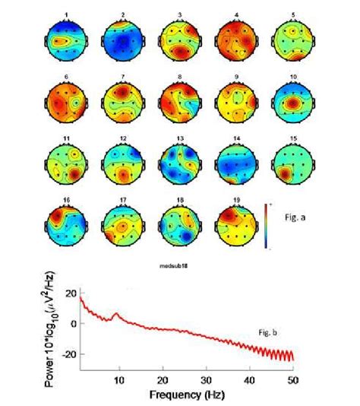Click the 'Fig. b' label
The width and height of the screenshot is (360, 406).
(268, 331)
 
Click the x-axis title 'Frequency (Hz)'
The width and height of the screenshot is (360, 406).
(187, 395)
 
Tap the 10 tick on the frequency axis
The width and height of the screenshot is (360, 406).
(118, 379)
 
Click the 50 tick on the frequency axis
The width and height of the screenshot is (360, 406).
(291, 379)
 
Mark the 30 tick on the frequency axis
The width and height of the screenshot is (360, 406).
(205, 379)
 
